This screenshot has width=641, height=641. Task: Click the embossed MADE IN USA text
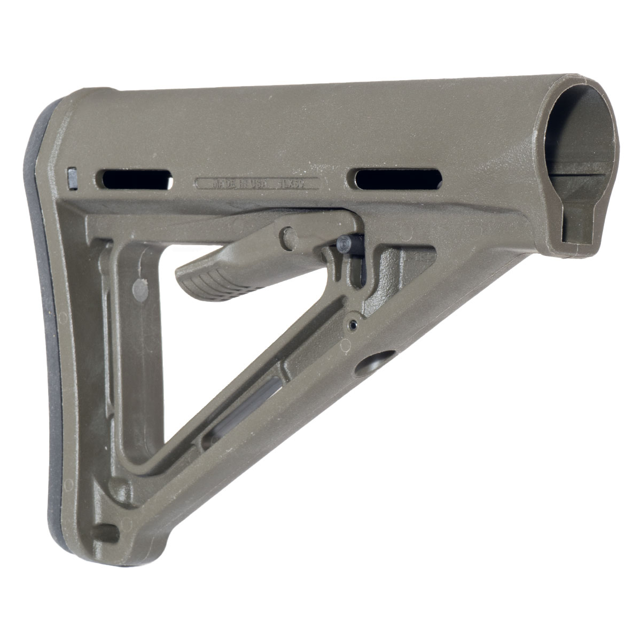(241, 183)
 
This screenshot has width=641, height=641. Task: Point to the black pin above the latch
(343, 244)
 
